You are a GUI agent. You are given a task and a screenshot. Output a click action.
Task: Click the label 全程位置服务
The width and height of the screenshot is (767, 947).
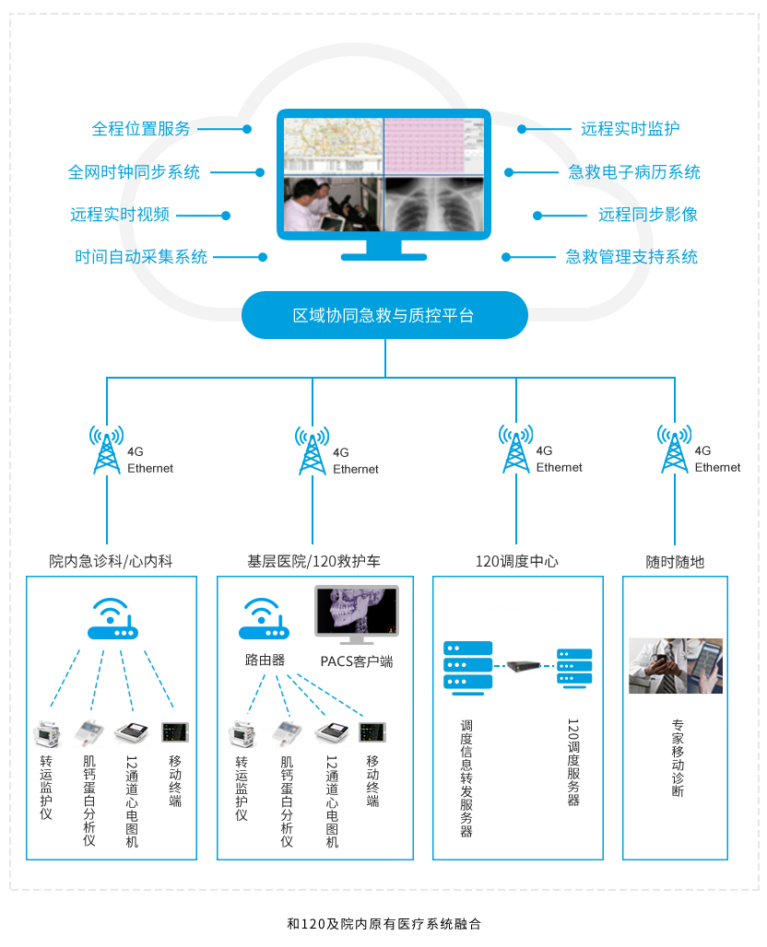141,129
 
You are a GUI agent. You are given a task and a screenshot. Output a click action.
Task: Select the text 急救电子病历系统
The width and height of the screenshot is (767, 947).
633,172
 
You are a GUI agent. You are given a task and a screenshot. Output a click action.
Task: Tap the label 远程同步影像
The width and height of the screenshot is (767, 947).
647,215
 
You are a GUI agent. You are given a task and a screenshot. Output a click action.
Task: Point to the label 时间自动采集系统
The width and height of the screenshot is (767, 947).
141,257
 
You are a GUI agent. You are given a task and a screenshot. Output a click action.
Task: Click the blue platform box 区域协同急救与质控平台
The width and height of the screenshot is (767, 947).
383,316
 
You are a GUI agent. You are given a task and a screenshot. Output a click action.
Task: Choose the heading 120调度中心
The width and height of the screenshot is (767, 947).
516,561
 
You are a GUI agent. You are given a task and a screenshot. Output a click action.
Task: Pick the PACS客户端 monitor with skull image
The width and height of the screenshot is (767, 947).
356,614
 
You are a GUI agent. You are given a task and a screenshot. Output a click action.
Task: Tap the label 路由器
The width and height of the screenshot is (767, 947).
265,660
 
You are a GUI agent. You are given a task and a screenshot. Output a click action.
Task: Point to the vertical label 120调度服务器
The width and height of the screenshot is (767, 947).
572,762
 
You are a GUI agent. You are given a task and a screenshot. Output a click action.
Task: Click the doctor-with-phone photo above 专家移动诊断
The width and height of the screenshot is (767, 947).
675,665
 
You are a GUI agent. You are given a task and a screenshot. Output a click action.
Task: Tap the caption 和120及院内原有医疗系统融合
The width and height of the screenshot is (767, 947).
383,923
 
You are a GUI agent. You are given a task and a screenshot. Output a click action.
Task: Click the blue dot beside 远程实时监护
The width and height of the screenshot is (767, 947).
522,130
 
